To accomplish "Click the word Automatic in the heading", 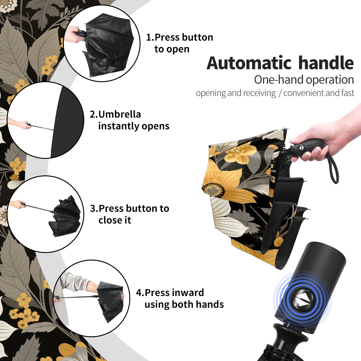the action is click(x=249, y=63).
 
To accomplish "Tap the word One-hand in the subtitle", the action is click(x=279, y=80).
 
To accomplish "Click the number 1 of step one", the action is click(x=149, y=37).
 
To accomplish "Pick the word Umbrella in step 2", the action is click(x=119, y=114).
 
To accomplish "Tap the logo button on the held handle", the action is click(x=301, y=148).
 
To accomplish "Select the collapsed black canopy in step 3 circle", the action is click(x=65, y=217).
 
